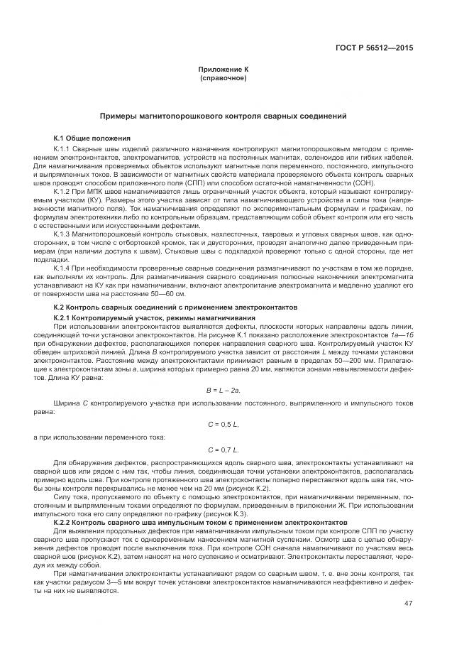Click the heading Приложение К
tap(223, 70)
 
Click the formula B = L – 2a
tap(223, 390)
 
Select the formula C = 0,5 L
tap(223, 424)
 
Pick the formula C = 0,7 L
tap(223, 450)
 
